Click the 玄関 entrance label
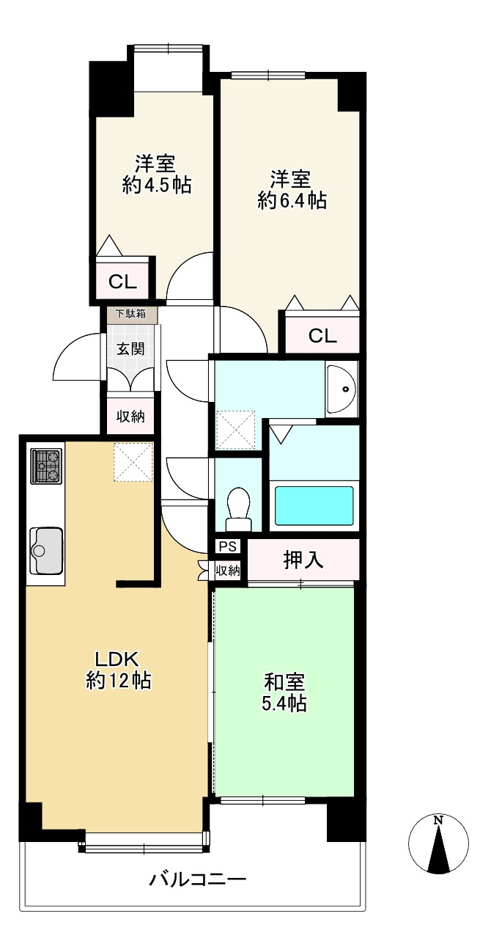tap(130, 349)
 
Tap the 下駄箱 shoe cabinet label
tap(130, 314)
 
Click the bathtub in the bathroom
tap(314, 505)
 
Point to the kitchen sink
tap(46, 550)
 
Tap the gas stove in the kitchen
tap(46, 466)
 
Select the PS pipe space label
tap(228, 546)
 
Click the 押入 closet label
tap(303, 560)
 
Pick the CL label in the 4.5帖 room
tap(122, 282)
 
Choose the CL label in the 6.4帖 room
tap(322, 336)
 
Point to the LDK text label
tap(117, 659)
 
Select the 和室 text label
tap(284, 682)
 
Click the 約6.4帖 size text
tap(292, 201)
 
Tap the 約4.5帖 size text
tap(156, 186)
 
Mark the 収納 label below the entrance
tap(130, 417)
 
